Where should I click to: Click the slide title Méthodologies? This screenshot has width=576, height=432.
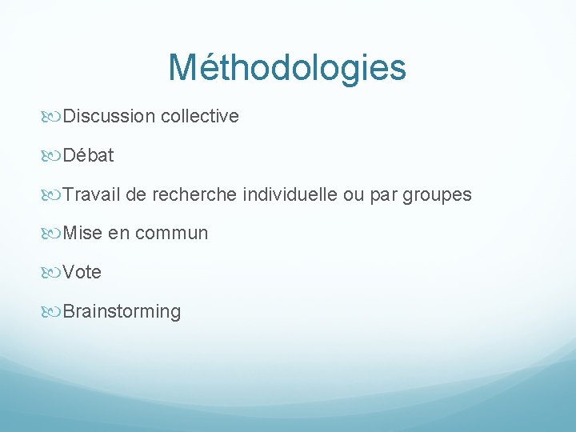coord(287,68)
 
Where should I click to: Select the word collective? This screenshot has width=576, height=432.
coord(199,117)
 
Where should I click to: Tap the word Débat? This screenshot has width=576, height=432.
coord(88,156)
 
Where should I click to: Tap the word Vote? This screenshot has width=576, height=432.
coord(82,273)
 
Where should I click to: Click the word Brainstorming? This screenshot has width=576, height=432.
coord(122,312)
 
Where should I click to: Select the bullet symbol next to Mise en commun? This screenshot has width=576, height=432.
coord(54,234)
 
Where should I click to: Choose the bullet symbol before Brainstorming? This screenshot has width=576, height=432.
coord(54,312)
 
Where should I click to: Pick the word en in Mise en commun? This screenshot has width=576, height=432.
coord(118,234)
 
